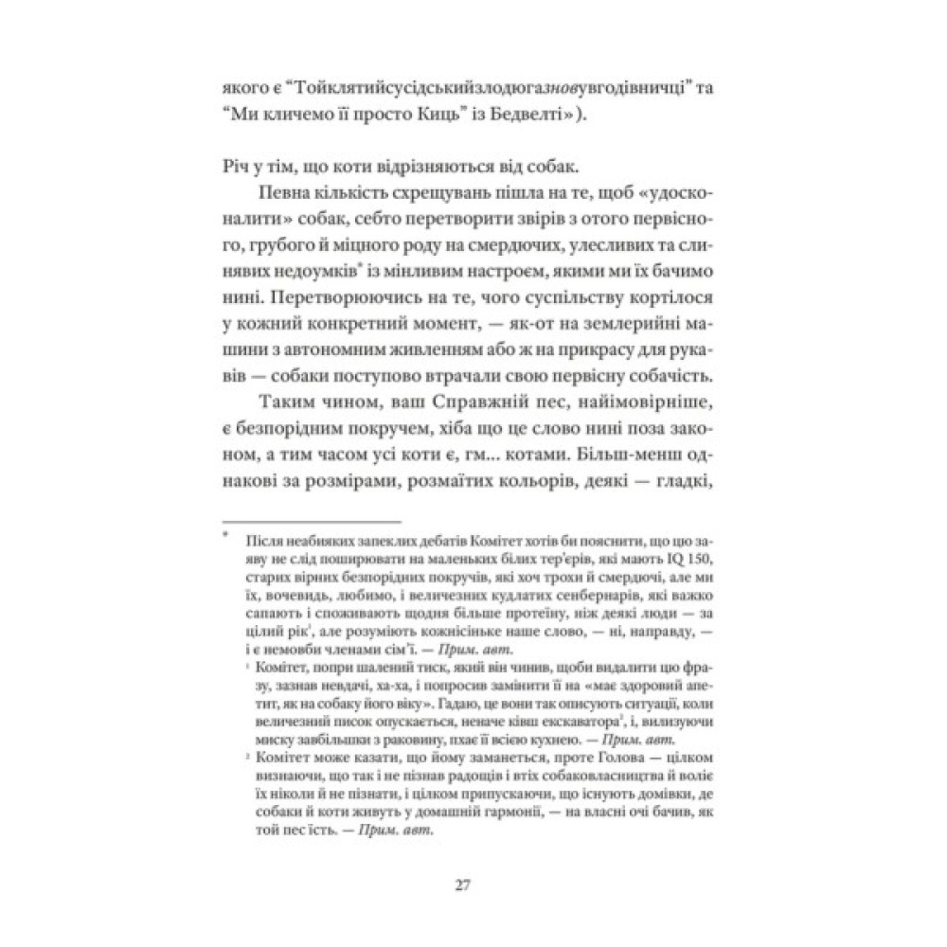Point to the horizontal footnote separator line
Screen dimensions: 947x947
click(310, 521)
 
